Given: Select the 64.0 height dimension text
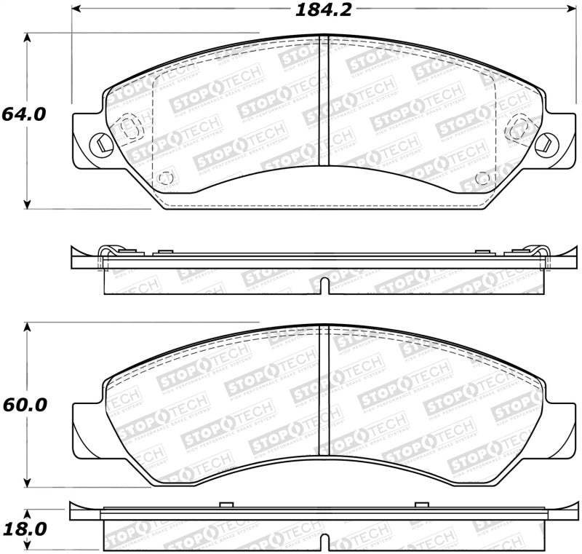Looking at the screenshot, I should coord(23,114).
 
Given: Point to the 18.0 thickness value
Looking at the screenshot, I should coord(23,528).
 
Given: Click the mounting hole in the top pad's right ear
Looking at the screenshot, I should coord(542,144).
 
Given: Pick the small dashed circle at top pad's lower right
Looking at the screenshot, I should coord(481,178).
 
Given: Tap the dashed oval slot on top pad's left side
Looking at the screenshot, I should coord(130,128).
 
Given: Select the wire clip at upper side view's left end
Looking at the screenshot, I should coord(106,256).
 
